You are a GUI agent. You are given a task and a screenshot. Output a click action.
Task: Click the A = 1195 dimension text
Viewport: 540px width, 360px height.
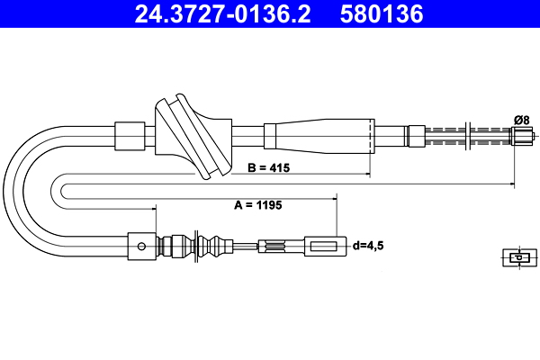click(x=258, y=205)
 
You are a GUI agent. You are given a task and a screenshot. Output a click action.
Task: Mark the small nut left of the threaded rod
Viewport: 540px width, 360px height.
click(x=416, y=136)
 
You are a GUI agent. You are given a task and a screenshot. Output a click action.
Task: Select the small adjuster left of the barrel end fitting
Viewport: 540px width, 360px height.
click(x=274, y=244)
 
